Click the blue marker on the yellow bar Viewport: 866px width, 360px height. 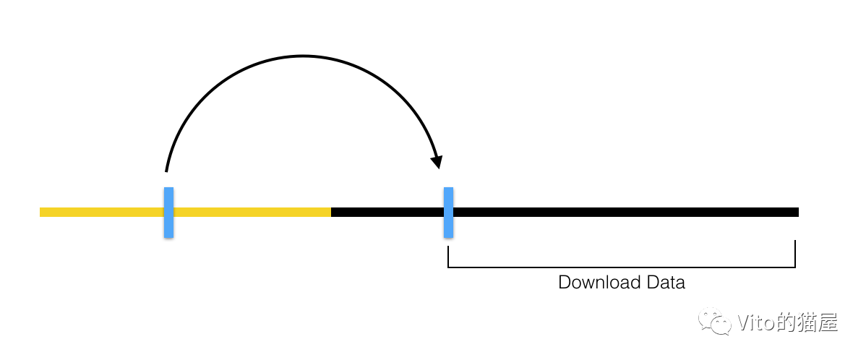tap(168, 213)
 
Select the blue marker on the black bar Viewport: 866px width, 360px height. tap(448, 213)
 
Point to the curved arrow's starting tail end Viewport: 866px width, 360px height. tap(166, 171)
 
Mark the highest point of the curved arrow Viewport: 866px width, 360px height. tap(304, 56)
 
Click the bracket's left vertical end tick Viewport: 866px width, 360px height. tap(448, 257)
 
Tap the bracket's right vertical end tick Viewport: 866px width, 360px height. tap(795, 254)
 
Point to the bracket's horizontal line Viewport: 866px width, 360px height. tap(622, 267)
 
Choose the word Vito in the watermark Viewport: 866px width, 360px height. tap(754, 322)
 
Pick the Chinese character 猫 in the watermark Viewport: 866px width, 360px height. tap(807, 322)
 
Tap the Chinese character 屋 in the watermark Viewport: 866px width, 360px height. tap(828, 322)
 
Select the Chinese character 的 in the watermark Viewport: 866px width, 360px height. tap(784, 322)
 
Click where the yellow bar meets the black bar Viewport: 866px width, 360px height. tap(331, 213)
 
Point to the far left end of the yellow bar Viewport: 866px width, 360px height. tap(41, 213)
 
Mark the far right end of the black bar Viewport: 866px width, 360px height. tap(797, 213)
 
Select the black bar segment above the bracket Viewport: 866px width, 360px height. tap(622, 213)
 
